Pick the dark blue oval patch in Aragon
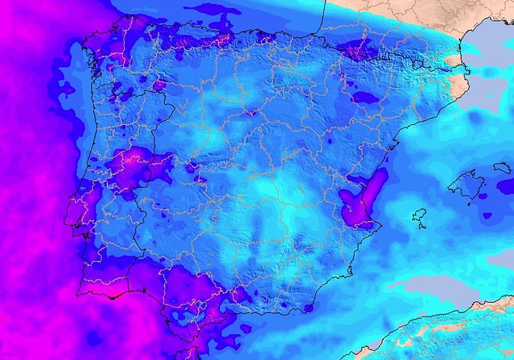point(365,98)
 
